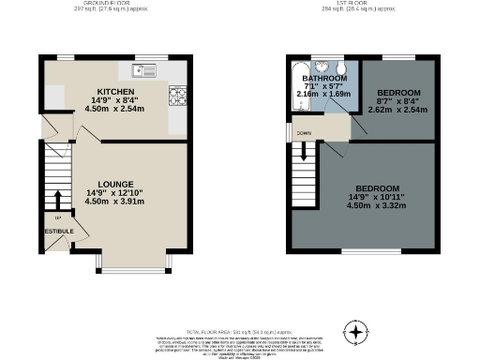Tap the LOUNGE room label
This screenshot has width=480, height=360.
[119, 184]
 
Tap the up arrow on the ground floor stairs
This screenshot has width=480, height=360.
[57, 198]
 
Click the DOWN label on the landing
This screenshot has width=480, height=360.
[304, 133]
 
